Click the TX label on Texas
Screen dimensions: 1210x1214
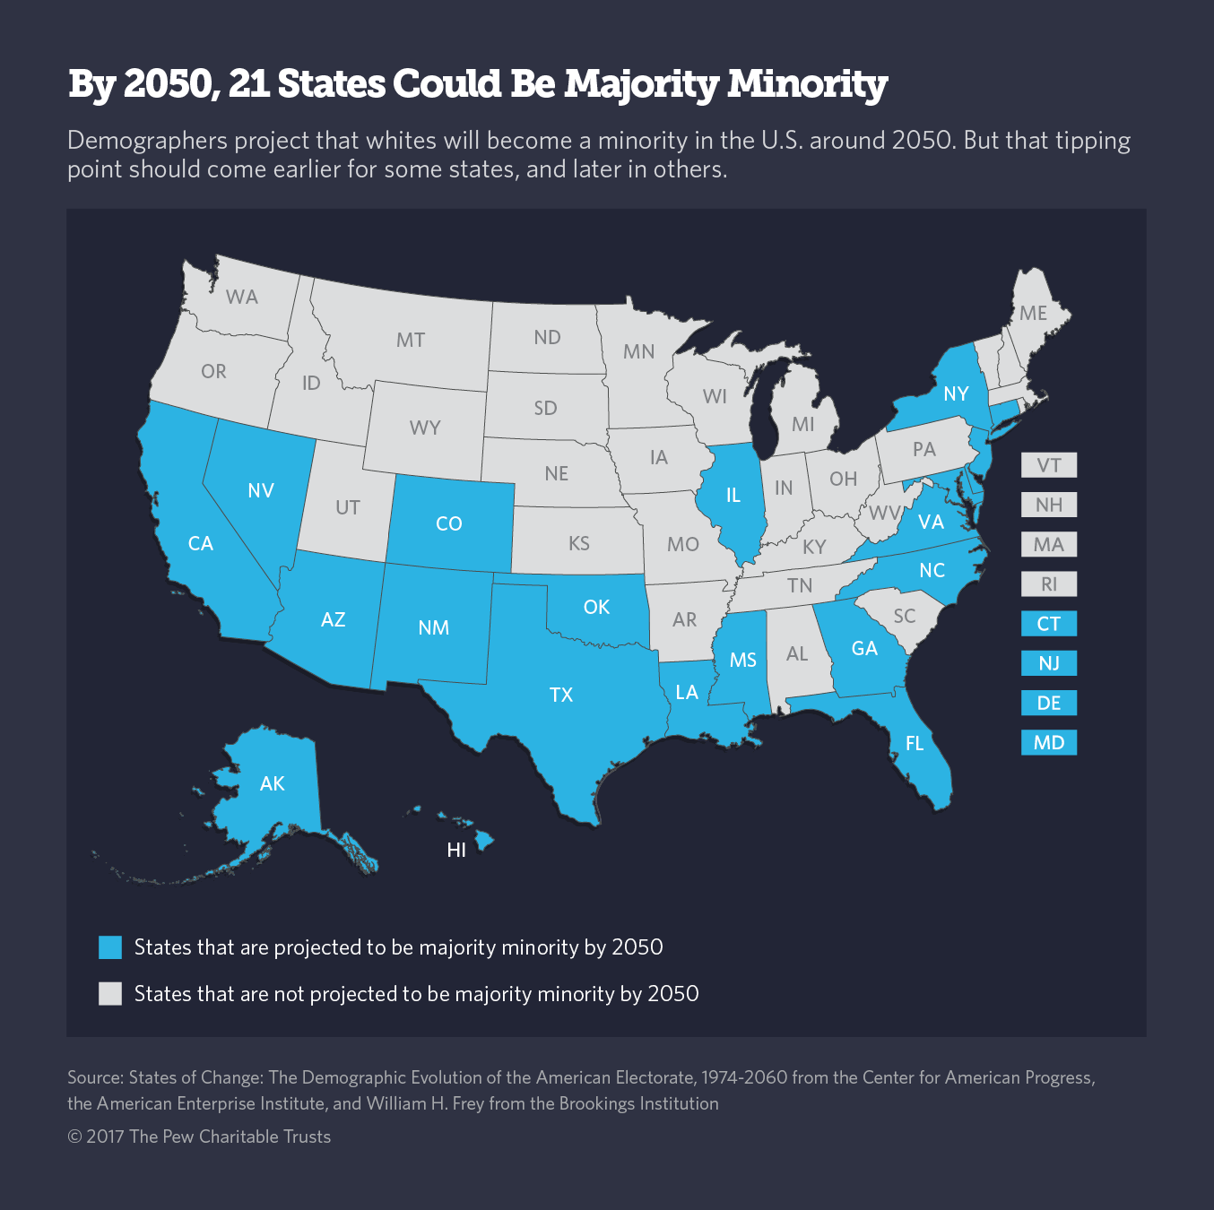coord(561,695)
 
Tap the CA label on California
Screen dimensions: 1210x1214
coord(201,543)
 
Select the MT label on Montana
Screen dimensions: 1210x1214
coord(411,340)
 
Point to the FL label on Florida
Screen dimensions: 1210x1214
coord(915,743)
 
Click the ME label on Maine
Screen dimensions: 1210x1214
coord(1033,313)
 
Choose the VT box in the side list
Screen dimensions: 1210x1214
coord(1048,465)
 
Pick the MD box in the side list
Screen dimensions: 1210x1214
coord(1048,742)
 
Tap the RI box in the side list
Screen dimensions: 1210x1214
coord(1048,584)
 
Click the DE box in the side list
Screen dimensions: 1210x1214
coord(1048,703)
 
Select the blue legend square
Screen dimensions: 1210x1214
coord(110,947)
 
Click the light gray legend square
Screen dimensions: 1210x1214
coord(110,994)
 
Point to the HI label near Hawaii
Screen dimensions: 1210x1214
coord(456,850)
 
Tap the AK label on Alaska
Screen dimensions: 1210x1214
coord(273,783)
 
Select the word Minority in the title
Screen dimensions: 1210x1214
coord(807,83)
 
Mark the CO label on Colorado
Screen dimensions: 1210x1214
coord(449,523)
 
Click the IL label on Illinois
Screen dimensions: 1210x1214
coord(733,495)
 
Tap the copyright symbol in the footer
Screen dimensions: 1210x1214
coord(74,1137)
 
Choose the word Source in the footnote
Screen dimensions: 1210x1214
coord(94,1077)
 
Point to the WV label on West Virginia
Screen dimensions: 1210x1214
coord(884,514)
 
